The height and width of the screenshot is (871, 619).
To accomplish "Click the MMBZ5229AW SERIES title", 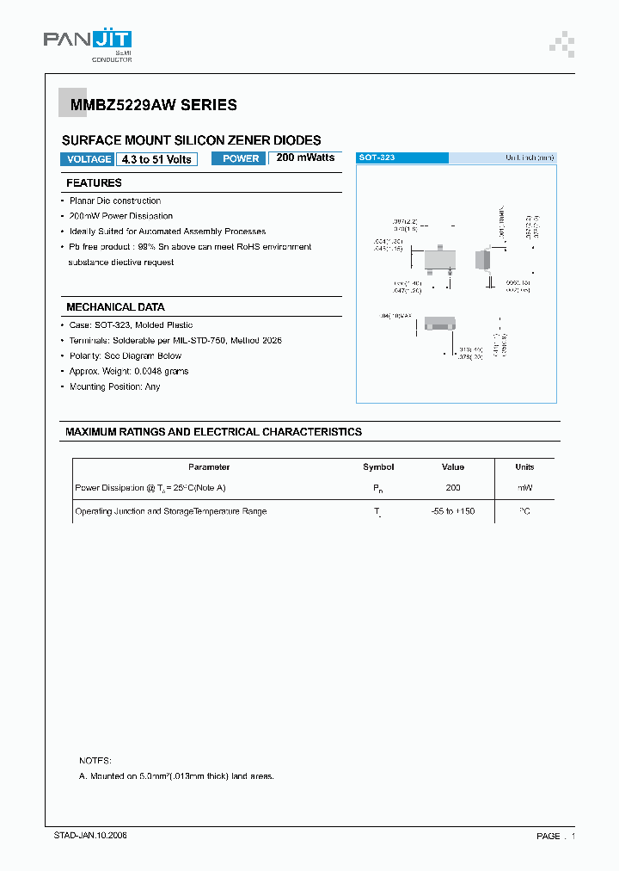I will click(x=149, y=105).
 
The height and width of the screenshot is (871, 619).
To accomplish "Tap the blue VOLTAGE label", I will click(x=89, y=159).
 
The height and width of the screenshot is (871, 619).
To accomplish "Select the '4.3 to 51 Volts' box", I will click(x=156, y=159).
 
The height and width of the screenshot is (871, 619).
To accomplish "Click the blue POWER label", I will click(x=240, y=158).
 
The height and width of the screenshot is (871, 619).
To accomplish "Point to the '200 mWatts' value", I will click(x=305, y=158).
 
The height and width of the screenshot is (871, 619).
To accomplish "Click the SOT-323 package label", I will click(x=376, y=158).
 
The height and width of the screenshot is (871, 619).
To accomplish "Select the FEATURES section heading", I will click(x=94, y=182).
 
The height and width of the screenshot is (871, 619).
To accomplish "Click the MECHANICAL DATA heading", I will click(x=115, y=307).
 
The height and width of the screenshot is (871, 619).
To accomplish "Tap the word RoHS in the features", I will click(x=249, y=247).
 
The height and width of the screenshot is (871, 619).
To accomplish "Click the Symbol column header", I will click(x=378, y=467).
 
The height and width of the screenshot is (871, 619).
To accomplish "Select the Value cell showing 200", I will click(x=453, y=488).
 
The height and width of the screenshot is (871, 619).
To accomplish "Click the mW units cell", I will click(x=524, y=488).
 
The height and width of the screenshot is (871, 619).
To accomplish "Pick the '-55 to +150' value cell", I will click(x=453, y=511).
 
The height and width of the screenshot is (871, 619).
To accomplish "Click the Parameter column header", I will click(x=209, y=467).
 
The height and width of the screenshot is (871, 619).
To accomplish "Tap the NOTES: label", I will click(x=95, y=761).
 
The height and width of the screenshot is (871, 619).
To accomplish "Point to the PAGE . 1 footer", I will click(x=555, y=837).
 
